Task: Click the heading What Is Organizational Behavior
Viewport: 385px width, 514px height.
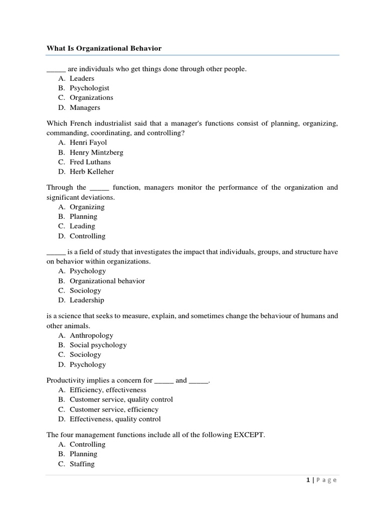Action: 104,48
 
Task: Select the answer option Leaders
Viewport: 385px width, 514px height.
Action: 82,78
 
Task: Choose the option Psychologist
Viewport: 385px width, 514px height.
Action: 89,88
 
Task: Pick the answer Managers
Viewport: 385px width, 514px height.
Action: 85,107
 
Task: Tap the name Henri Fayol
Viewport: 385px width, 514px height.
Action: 88,143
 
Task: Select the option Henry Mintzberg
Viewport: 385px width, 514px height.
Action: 96,152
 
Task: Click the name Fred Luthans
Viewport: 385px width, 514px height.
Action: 90,162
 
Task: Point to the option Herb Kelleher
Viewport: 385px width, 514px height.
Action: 92,172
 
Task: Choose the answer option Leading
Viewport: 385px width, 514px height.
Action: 82,226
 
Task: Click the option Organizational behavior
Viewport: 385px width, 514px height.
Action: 107,281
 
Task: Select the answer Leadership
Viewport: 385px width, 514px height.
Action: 87,300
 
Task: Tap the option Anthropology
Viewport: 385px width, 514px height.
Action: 91,335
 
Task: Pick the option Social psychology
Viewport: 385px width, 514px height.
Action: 98,345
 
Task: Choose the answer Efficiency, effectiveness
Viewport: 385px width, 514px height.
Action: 108,390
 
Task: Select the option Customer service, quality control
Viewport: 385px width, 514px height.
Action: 121,400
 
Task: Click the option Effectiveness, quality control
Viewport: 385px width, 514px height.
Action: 115,419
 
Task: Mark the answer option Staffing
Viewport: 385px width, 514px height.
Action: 82,464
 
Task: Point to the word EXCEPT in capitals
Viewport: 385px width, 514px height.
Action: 247,435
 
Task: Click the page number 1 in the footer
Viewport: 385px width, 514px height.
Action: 307,480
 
